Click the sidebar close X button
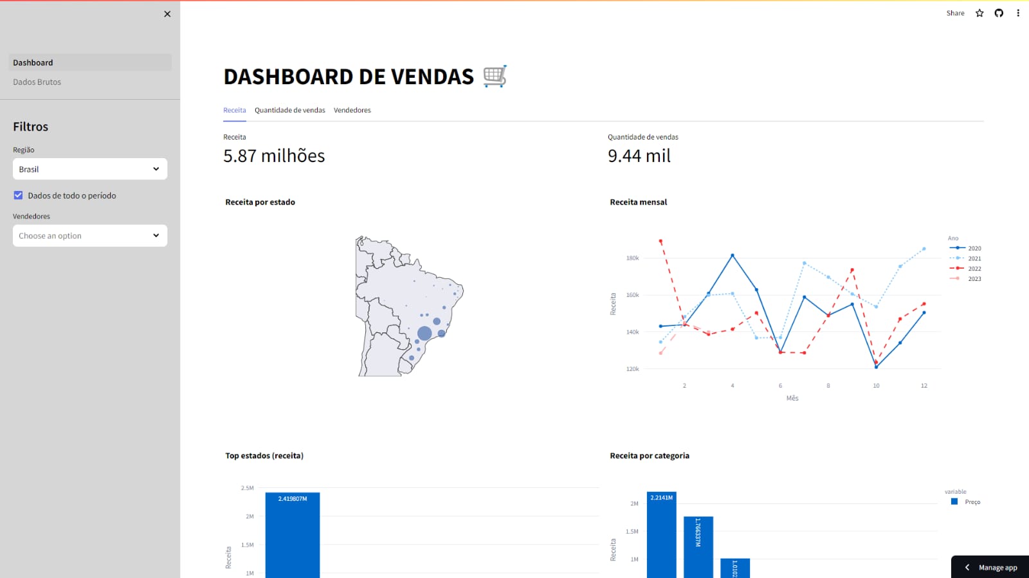coord(167,14)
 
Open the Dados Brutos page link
coord(37,82)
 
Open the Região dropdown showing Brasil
coord(90,169)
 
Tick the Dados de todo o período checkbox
coord(18,195)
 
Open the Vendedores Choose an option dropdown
coord(90,236)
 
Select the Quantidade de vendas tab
coord(289,111)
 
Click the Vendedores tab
coord(352,111)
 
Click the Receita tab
coord(234,111)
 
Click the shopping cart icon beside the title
coord(495,77)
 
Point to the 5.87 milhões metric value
coord(274,156)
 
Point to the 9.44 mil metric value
coord(639,156)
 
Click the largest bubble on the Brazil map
coord(424,333)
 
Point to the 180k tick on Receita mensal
coord(632,258)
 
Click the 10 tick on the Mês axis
coord(876,386)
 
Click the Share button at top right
coord(955,14)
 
